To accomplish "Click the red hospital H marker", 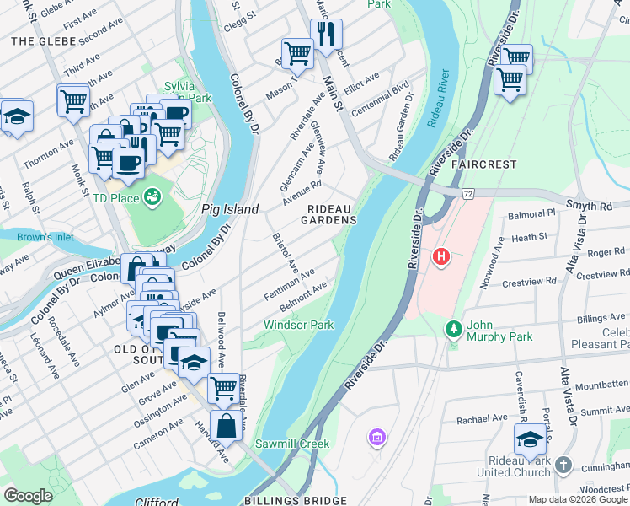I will (x=441, y=256).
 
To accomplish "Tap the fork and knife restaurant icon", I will (x=325, y=35).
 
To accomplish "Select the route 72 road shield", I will (x=468, y=193).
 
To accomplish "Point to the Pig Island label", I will (x=229, y=208).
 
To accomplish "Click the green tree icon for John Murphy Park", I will (x=454, y=326).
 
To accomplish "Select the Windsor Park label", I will (x=298, y=325).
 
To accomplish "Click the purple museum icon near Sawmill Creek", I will (x=376, y=437).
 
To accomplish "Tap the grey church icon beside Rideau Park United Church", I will (x=563, y=465).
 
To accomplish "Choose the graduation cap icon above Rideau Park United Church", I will (x=529, y=439).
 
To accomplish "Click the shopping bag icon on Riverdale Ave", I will (x=227, y=425).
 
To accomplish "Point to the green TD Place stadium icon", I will (x=152, y=197).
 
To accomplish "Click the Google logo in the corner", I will (x=29, y=496).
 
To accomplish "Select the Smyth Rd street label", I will (x=590, y=206).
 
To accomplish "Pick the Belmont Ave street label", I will (x=303, y=293).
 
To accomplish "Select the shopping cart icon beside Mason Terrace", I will (x=297, y=53).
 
